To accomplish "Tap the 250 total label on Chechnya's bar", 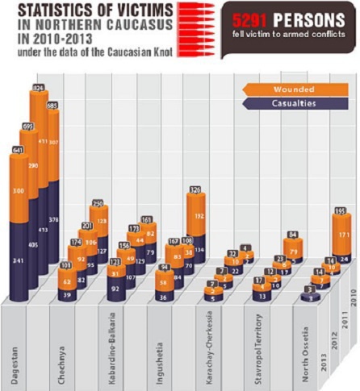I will click(98, 203).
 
